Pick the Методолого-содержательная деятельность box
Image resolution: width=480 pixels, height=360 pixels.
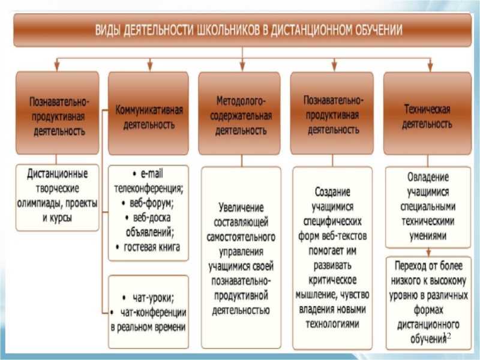[239, 114]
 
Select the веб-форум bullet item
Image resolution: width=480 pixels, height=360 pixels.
[149, 202]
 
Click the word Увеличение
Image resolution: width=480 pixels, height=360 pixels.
[239, 208]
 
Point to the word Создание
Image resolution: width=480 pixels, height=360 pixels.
[332, 191]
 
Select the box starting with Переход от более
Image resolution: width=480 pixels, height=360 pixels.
[424, 302]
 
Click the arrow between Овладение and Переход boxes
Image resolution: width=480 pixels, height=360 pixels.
[427, 252]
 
